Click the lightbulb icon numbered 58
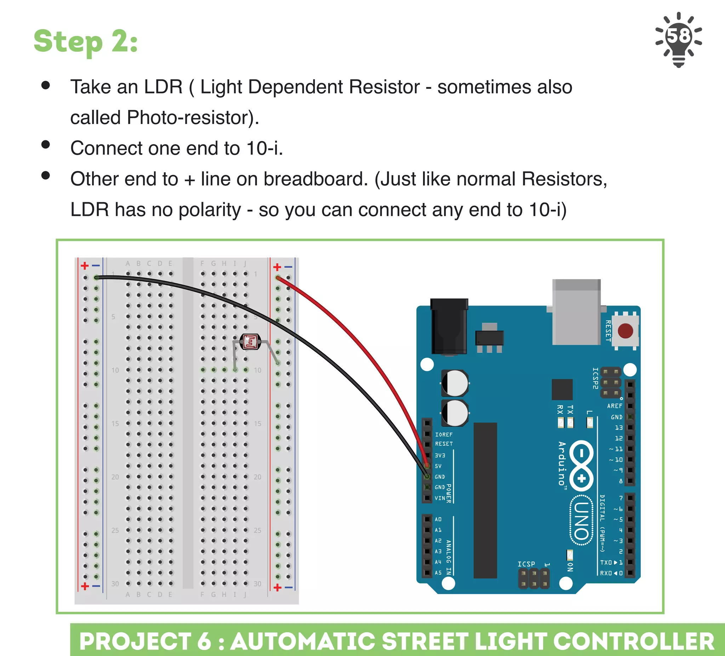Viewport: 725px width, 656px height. coord(678,39)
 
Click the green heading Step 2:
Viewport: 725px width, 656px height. coord(86,41)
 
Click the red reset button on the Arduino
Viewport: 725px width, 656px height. coord(626,331)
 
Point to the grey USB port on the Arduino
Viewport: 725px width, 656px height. coord(576,312)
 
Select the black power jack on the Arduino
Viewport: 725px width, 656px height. coord(449,326)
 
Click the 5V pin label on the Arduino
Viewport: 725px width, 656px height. coord(438,466)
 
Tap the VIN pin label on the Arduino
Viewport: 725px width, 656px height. coord(440,498)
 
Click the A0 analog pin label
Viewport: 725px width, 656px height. coord(438,519)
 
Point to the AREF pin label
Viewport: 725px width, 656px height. coord(615,406)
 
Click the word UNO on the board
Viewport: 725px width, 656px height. coord(581,520)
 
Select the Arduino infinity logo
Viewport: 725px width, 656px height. coord(582,466)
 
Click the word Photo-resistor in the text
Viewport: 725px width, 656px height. coord(191,118)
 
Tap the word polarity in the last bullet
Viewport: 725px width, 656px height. coord(210,210)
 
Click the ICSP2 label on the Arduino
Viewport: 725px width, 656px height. coord(595,378)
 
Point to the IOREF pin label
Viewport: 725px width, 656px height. coord(444,434)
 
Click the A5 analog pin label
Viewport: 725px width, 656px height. coord(438,572)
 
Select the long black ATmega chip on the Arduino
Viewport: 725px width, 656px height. coord(485,500)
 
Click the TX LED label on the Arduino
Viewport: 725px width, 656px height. coord(570,410)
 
